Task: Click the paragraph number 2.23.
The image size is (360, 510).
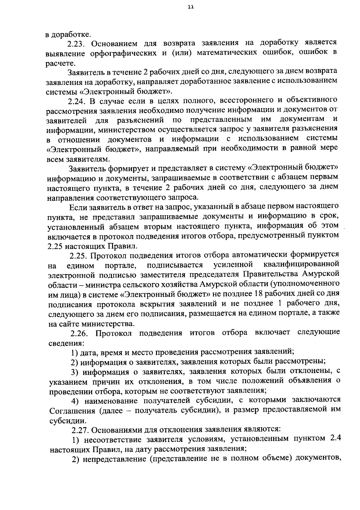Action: [x=77, y=44]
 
